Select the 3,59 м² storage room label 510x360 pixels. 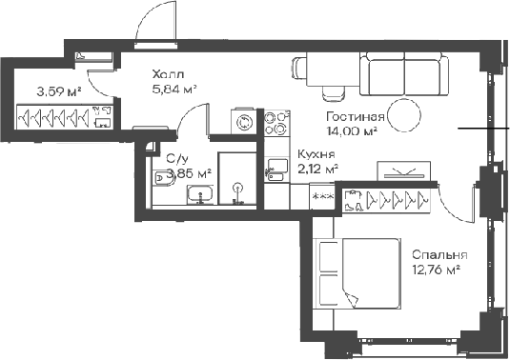click(x=58, y=92)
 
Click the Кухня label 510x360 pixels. click(x=315, y=154)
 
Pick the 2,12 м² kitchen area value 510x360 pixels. click(x=317, y=169)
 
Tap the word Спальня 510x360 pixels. click(x=439, y=255)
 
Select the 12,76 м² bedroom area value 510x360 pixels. click(x=436, y=270)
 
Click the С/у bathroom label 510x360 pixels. click(x=176, y=160)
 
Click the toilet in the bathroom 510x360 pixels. click(x=163, y=177)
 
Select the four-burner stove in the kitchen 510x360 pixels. click(x=276, y=122)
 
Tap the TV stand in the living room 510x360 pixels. click(x=401, y=171)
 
